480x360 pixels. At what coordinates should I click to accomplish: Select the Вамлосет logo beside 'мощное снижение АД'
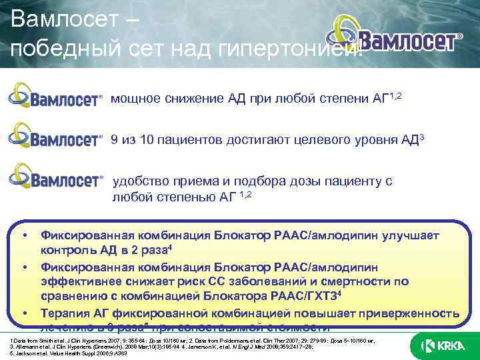[56, 97]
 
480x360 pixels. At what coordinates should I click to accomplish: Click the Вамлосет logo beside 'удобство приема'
[56, 178]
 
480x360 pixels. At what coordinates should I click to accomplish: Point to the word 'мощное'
[135, 99]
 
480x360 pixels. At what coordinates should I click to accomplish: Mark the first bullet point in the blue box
[24, 235]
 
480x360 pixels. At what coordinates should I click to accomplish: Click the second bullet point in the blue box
[24, 267]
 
